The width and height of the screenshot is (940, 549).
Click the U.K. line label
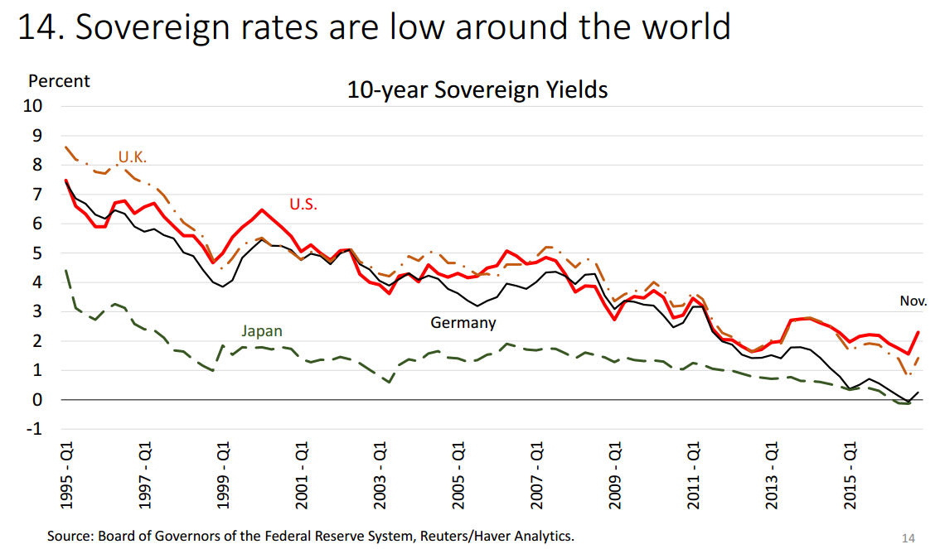point(133,157)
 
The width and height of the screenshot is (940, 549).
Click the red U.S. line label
point(303,204)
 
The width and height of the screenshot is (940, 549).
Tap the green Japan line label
point(262,331)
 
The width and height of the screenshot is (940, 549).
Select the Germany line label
point(463,323)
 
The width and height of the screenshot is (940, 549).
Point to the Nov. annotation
point(913,301)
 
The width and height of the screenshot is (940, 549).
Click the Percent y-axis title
point(59,81)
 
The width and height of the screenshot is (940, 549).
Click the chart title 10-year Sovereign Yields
point(477,89)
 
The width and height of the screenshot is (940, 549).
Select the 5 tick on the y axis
point(36,253)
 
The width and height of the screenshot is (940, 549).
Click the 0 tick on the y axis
point(36,400)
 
